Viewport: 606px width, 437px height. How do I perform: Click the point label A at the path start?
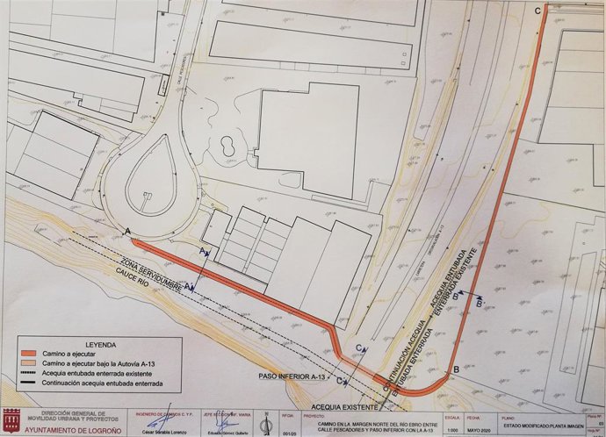click(x=130, y=230)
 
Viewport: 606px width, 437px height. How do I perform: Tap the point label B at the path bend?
click(x=455, y=371)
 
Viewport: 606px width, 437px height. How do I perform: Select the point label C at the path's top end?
click(x=537, y=10)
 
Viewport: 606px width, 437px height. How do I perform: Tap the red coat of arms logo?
click(x=11, y=419)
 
